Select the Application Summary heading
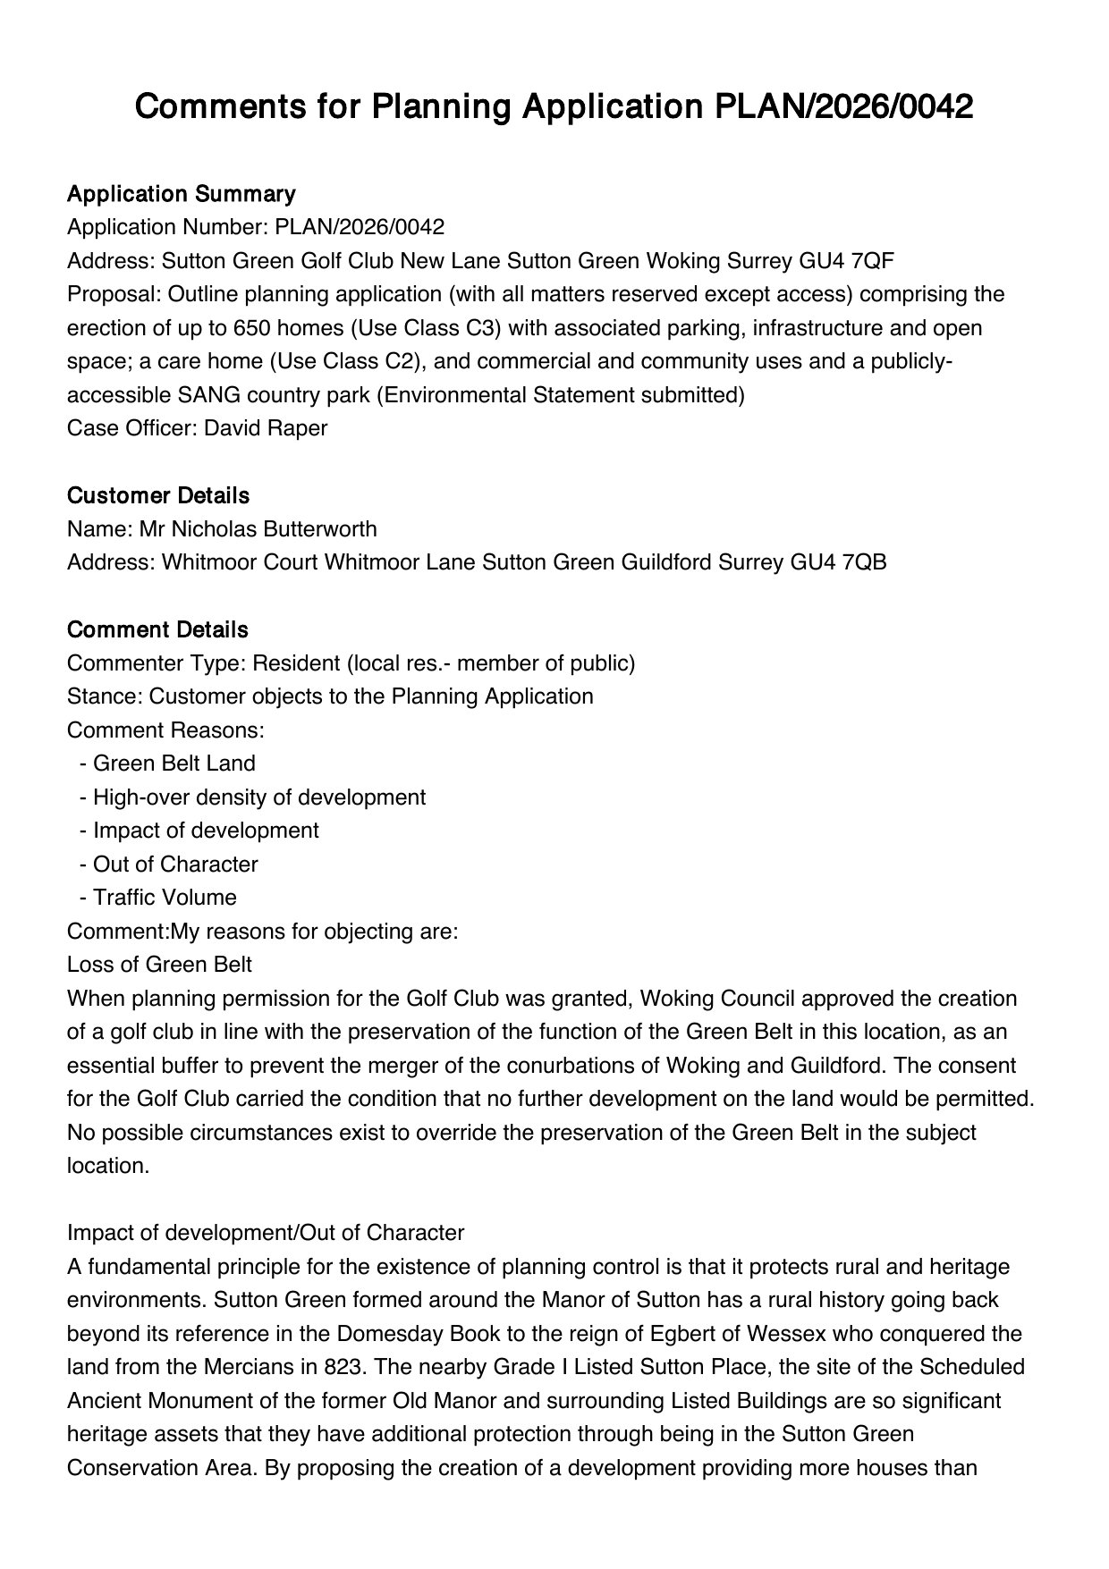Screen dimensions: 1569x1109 pos(182,194)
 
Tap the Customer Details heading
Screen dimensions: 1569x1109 pos(158,495)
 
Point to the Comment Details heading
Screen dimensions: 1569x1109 pos(157,629)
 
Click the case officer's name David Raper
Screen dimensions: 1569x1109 pos(266,428)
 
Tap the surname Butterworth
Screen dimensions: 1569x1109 pos(320,529)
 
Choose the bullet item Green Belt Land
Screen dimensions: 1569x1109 pos(174,763)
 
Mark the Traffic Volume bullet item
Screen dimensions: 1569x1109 pos(165,898)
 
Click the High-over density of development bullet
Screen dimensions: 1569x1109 pos(258,797)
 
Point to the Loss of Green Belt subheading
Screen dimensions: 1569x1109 pos(159,965)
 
